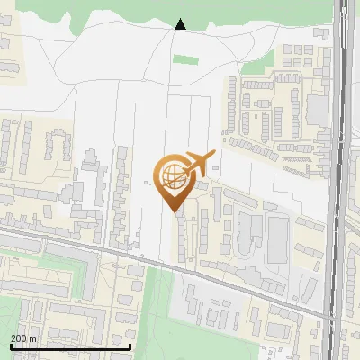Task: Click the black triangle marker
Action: [180, 24]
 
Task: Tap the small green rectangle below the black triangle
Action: [185, 60]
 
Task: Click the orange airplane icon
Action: [199, 164]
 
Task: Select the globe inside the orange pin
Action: [171, 175]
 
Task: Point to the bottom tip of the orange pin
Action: [175, 211]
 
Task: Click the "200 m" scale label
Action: [23, 337]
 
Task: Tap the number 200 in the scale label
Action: [20, 337]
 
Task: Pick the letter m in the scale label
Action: [33, 337]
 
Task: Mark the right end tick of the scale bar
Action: [130, 346]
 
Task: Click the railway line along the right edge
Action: [340, 180]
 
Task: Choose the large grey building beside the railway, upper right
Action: [317, 110]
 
